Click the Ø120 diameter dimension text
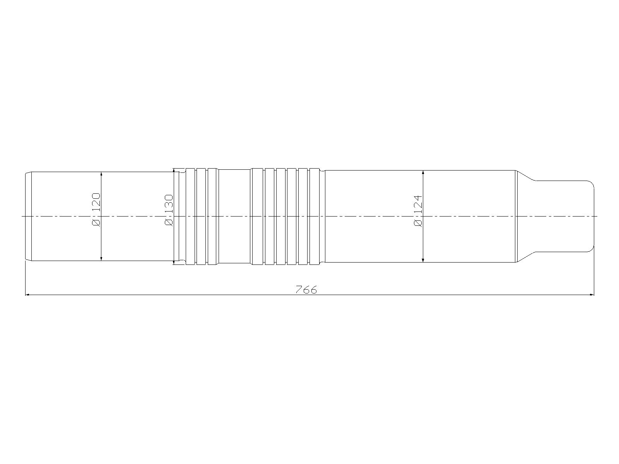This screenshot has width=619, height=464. point(96,210)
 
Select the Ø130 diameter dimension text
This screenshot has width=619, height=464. point(168,210)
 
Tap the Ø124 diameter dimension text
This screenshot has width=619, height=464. point(418,211)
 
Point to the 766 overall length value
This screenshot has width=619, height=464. point(306,289)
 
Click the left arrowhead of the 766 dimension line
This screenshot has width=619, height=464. point(27,295)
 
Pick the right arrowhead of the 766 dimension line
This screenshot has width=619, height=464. point(592,295)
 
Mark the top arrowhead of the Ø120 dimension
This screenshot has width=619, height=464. point(101,174)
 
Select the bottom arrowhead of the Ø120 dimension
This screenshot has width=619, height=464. point(101,259)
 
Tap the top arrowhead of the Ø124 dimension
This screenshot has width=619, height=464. point(423,173)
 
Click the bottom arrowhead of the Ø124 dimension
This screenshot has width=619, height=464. point(423,260)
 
